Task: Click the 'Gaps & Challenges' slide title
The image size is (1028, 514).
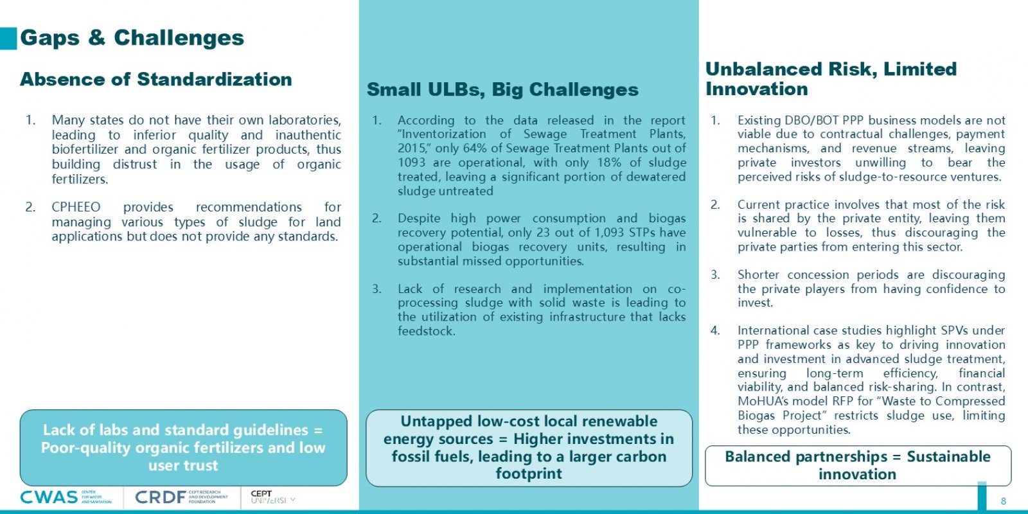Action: point(132,38)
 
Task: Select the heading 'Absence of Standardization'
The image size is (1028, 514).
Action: point(156,80)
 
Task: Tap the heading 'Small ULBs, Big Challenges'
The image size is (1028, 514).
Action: point(502,89)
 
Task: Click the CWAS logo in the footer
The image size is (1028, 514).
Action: point(66,497)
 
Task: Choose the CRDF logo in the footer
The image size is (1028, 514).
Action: point(181,497)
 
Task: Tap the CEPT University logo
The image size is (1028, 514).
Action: point(272,497)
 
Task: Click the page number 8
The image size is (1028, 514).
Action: point(1004,501)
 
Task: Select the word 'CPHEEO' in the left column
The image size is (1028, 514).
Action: point(76,208)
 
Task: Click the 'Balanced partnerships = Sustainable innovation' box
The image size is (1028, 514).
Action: point(858,466)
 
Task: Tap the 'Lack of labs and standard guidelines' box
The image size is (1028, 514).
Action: point(184,448)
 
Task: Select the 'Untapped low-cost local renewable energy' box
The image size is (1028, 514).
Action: point(529,448)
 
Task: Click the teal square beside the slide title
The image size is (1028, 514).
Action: point(8,39)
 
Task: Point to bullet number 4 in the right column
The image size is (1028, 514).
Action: point(715,331)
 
